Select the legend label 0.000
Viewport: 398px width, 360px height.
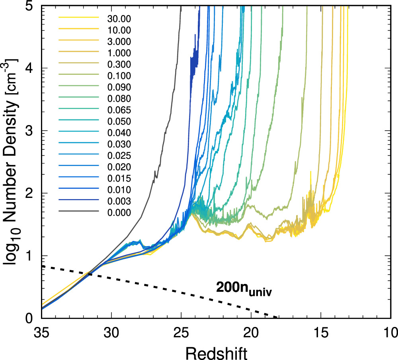(119, 213)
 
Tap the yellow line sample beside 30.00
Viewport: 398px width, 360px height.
(78, 18)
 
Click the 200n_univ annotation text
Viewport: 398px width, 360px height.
(246, 288)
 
